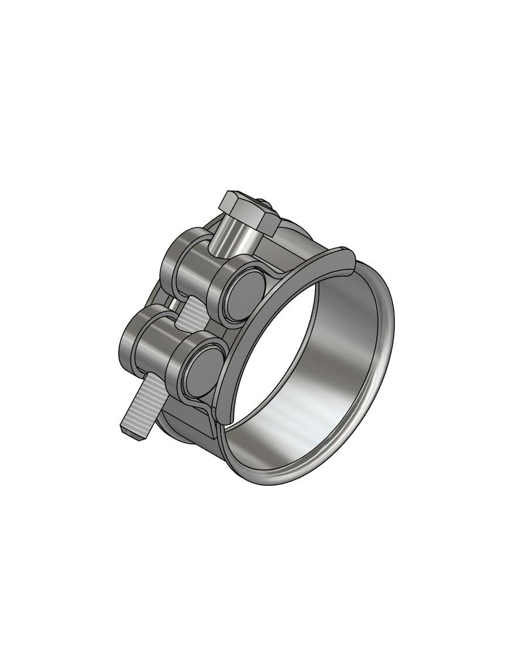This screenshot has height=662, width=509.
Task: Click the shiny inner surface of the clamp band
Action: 339,363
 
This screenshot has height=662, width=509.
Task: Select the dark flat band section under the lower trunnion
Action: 187,424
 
